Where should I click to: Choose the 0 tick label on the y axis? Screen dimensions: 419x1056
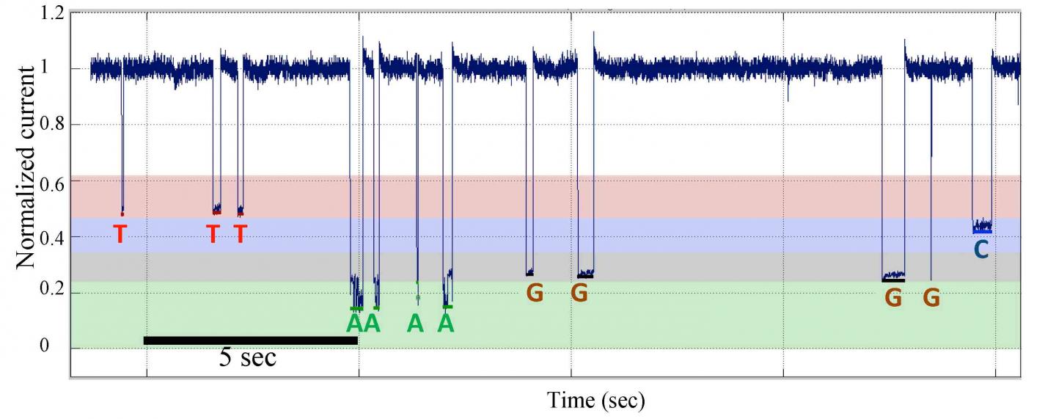(x=57, y=348)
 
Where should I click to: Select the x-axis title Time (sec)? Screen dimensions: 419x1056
(x=595, y=400)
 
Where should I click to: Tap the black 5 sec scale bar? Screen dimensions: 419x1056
(x=250, y=340)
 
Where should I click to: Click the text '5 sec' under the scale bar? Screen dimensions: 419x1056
(x=248, y=358)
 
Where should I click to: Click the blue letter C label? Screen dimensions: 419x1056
(x=980, y=250)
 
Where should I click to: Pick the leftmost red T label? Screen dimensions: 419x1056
(x=120, y=234)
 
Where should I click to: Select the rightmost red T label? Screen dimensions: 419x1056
(x=240, y=234)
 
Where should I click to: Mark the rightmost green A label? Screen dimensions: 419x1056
(x=446, y=323)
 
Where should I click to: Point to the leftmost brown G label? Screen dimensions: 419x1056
(x=535, y=294)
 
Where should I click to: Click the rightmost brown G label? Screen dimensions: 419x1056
(x=931, y=298)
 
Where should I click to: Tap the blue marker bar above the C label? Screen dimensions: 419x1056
(x=982, y=231)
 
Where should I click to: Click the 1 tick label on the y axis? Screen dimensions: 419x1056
(x=57, y=69)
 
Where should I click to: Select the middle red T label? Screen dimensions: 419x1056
(x=213, y=234)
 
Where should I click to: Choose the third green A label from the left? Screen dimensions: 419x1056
(x=416, y=323)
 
